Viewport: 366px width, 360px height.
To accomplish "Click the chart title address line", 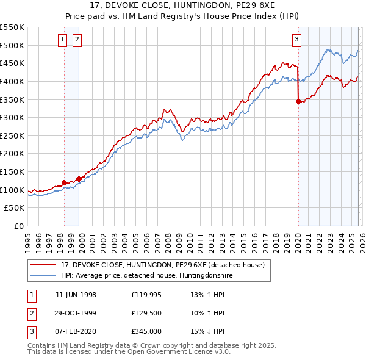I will pyautogui.click(x=182, y=5).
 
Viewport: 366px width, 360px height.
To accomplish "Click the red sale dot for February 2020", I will pyautogui.click(x=298, y=102).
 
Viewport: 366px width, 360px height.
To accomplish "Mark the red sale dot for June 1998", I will pyautogui.click(x=64, y=182).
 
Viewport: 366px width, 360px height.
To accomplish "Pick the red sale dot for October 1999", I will pyautogui.click(x=79, y=179).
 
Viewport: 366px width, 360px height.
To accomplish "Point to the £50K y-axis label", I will pyautogui.click(x=15, y=208).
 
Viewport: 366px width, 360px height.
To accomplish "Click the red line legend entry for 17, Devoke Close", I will pyautogui.click(x=162, y=265).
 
